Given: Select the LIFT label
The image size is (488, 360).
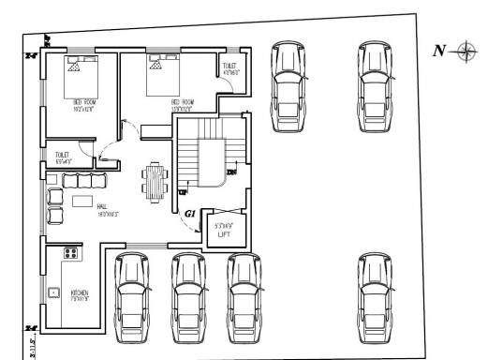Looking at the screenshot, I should click(x=224, y=234).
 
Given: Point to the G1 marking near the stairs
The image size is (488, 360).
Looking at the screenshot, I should click(x=190, y=215).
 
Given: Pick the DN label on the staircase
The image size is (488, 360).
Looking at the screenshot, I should click(x=230, y=173).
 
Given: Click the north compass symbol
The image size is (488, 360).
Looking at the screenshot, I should click(x=465, y=52).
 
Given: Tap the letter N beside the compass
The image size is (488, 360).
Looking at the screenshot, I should click(x=437, y=52).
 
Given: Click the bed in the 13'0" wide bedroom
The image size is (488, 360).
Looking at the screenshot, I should click(x=160, y=68).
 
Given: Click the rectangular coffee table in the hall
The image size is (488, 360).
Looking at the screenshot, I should click(x=83, y=202).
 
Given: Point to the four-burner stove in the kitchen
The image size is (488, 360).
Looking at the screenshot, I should click(x=68, y=253).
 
